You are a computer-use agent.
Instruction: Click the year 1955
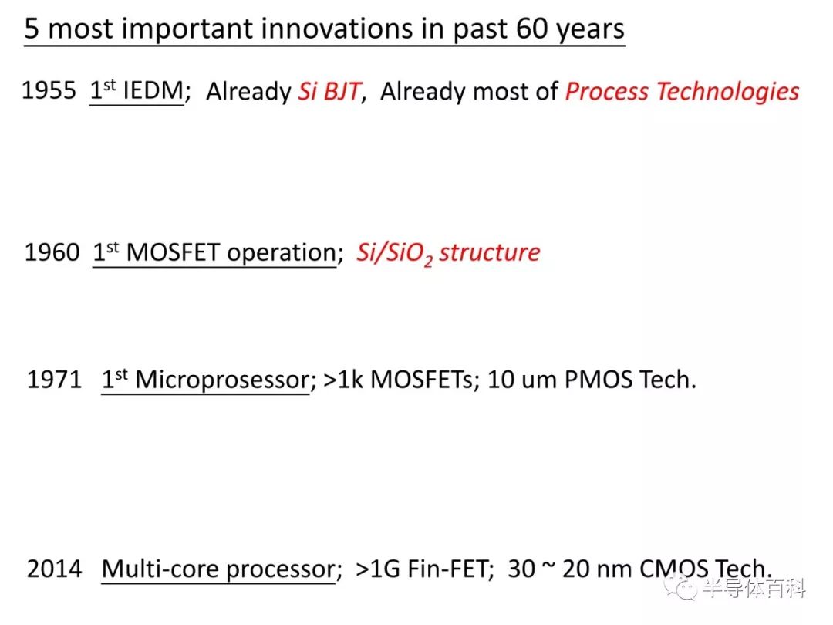(49, 90)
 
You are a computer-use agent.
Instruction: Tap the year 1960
(52, 252)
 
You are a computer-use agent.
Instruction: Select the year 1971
(54, 380)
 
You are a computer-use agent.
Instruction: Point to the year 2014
(54, 569)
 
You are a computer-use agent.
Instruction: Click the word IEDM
(153, 90)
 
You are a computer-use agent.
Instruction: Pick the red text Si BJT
(329, 91)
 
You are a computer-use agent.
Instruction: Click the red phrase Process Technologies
(682, 91)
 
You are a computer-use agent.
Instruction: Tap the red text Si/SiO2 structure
(448, 253)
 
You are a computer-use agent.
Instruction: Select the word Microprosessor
(223, 380)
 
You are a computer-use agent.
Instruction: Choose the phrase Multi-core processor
(219, 569)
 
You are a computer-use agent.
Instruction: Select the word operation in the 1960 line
(282, 254)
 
